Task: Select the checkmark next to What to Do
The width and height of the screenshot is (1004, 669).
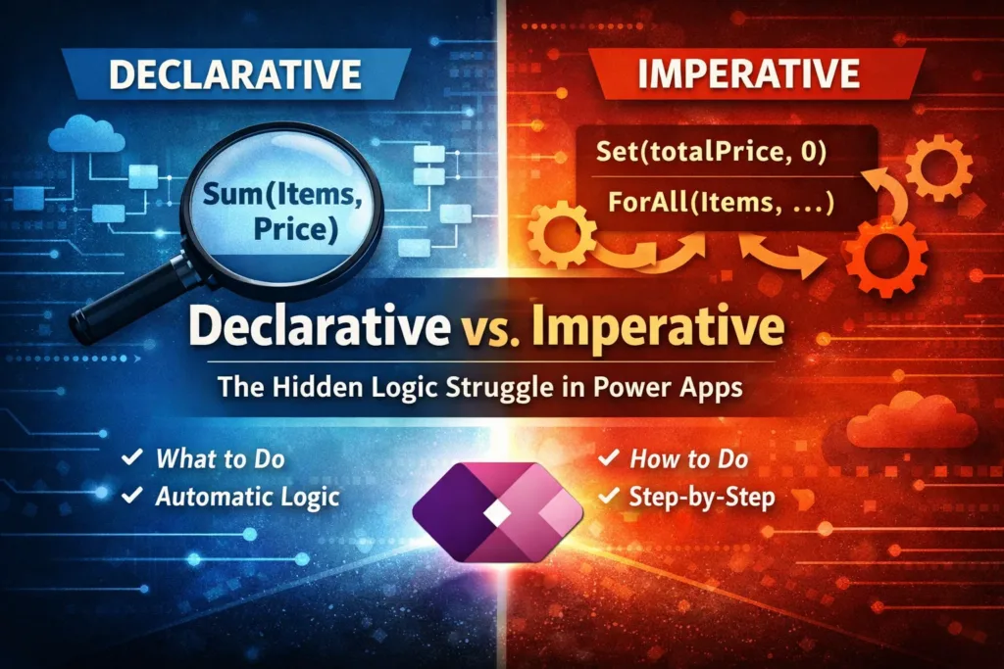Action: (x=128, y=457)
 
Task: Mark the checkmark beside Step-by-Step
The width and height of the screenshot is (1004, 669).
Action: (x=608, y=497)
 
